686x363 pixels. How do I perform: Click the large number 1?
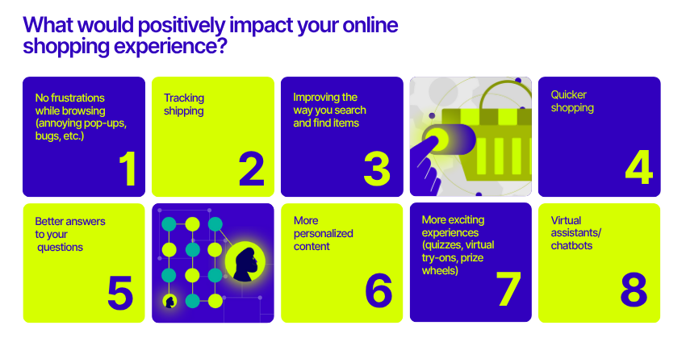pos(128,169)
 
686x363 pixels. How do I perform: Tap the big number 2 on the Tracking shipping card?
pos(252,169)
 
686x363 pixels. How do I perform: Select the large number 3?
pos(377,169)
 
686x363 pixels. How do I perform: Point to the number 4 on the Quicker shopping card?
pos(638,167)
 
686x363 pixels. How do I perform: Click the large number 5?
pos(120,293)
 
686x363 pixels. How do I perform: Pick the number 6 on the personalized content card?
pos(379,290)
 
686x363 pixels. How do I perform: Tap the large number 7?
pos(508,288)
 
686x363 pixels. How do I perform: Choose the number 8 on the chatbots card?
pos(634,289)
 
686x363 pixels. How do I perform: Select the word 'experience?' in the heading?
pos(170,46)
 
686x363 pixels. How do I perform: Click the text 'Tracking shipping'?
pos(184,104)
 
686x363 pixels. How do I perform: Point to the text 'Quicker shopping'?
pos(572,101)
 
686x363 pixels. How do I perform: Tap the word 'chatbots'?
pos(571,245)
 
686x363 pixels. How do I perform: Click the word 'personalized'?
pos(323,234)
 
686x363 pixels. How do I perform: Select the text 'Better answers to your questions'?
pos(70,234)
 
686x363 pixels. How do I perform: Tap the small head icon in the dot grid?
pos(169,302)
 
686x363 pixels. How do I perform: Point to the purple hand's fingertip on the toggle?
pos(433,142)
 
